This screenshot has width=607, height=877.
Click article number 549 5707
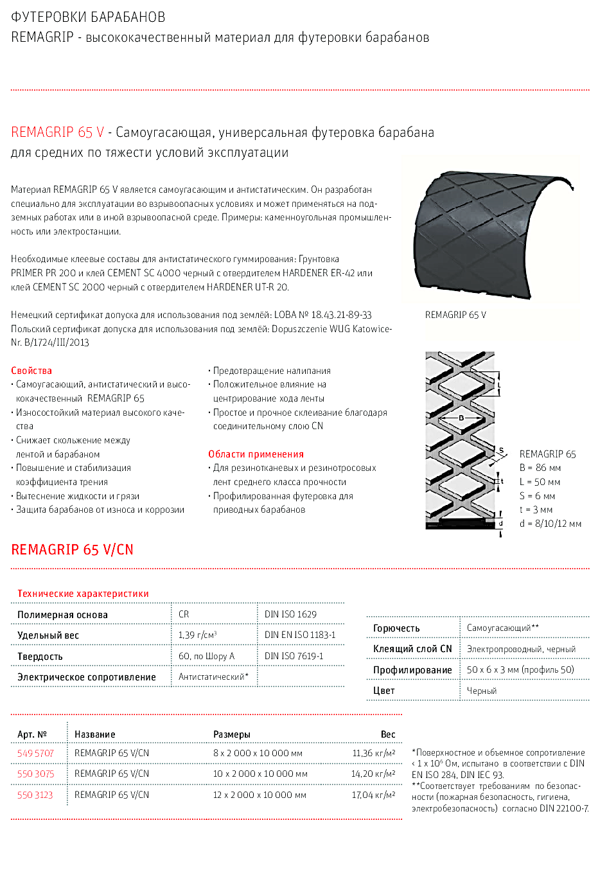35,753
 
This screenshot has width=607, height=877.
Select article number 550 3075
35,774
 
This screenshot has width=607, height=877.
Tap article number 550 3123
35,795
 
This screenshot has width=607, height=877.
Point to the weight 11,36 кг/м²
373,753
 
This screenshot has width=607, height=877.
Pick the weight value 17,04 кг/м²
373,795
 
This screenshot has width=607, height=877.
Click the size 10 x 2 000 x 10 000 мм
260,774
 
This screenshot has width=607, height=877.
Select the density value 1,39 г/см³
197,635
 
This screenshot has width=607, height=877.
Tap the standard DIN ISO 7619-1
294,656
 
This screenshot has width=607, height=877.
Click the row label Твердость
40,657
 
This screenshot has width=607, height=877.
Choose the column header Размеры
231,734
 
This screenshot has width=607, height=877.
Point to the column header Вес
388,734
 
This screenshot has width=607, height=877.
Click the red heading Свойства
31,371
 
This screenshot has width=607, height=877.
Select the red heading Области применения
256,454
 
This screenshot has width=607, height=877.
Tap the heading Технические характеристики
83,594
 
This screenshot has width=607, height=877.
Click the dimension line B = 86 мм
540,468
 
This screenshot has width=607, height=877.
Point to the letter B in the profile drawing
461,418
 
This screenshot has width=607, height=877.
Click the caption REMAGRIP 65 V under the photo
455,315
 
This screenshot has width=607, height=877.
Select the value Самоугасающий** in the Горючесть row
502,628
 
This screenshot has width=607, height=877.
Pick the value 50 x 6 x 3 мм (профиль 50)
520,669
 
